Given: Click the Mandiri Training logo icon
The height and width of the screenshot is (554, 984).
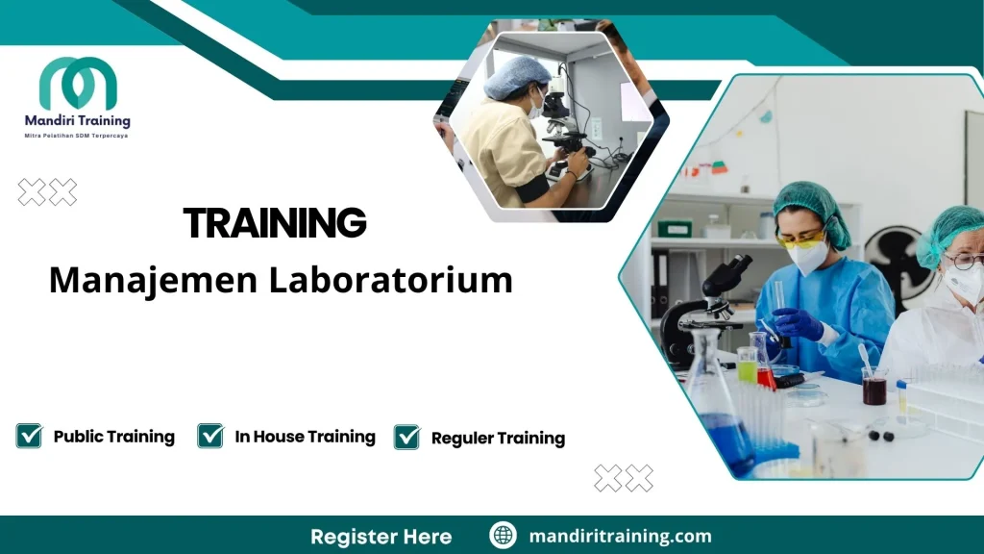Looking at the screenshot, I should coord(78,85).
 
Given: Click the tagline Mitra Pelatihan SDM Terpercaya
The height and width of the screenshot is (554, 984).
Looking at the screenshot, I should coord(76,136).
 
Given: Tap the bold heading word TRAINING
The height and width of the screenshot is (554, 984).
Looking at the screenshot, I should coord(275,223).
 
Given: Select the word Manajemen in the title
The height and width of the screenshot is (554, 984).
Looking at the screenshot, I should coord(153,280).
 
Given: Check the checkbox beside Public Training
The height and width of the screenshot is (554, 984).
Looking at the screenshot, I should coord(30,436).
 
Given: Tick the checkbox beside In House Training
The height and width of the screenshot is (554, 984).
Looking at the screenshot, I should coord(210,436).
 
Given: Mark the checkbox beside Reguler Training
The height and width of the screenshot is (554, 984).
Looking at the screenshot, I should coord(407,437).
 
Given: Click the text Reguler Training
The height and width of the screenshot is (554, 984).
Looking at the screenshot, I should coord(498,439).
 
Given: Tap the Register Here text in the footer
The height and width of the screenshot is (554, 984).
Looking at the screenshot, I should coord(381,536).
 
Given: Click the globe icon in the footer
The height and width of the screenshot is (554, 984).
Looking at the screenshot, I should coord(503,536).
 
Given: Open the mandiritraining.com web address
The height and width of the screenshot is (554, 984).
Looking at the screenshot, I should coord(620,536).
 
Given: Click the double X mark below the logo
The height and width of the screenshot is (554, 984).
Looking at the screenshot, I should coord(47,192).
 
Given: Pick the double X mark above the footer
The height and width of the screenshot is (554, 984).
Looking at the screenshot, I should coord(623,477).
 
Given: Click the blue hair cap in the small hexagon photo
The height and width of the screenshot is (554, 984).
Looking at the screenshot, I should coord(517,77).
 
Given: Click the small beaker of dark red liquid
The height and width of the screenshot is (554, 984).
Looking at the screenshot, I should coord(873,388).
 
